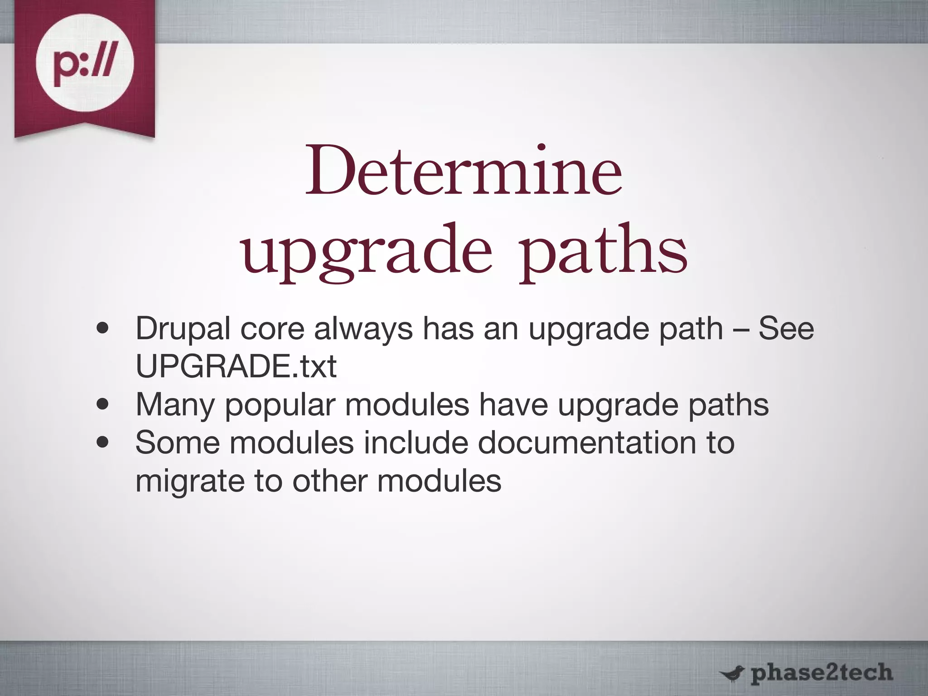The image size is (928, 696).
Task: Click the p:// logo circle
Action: coord(85,63)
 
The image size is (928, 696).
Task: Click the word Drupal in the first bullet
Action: coord(183,329)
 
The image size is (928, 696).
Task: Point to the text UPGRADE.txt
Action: coord(236,366)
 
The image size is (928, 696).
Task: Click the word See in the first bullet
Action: coord(786,329)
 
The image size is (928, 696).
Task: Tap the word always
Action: coord(363,329)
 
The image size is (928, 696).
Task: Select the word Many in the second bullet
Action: coord(175,405)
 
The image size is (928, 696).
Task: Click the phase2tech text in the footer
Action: coord(821,673)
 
